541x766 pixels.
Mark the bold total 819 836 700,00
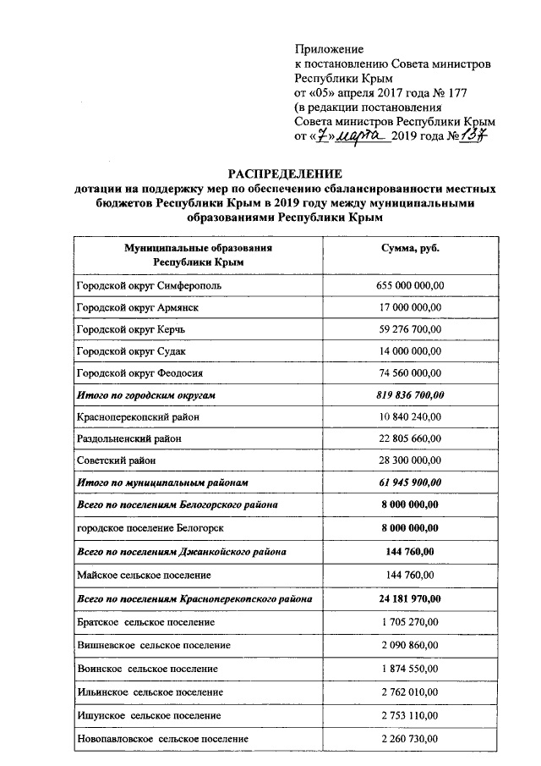[x=409, y=394]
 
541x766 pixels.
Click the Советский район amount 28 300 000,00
[x=409, y=460]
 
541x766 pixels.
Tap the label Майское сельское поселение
[x=142, y=576]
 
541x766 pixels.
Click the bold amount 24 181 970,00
[x=409, y=599]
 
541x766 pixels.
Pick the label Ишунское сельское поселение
[x=146, y=715]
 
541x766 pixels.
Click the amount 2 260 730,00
[x=409, y=739]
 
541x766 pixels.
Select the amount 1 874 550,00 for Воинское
[x=409, y=669]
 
